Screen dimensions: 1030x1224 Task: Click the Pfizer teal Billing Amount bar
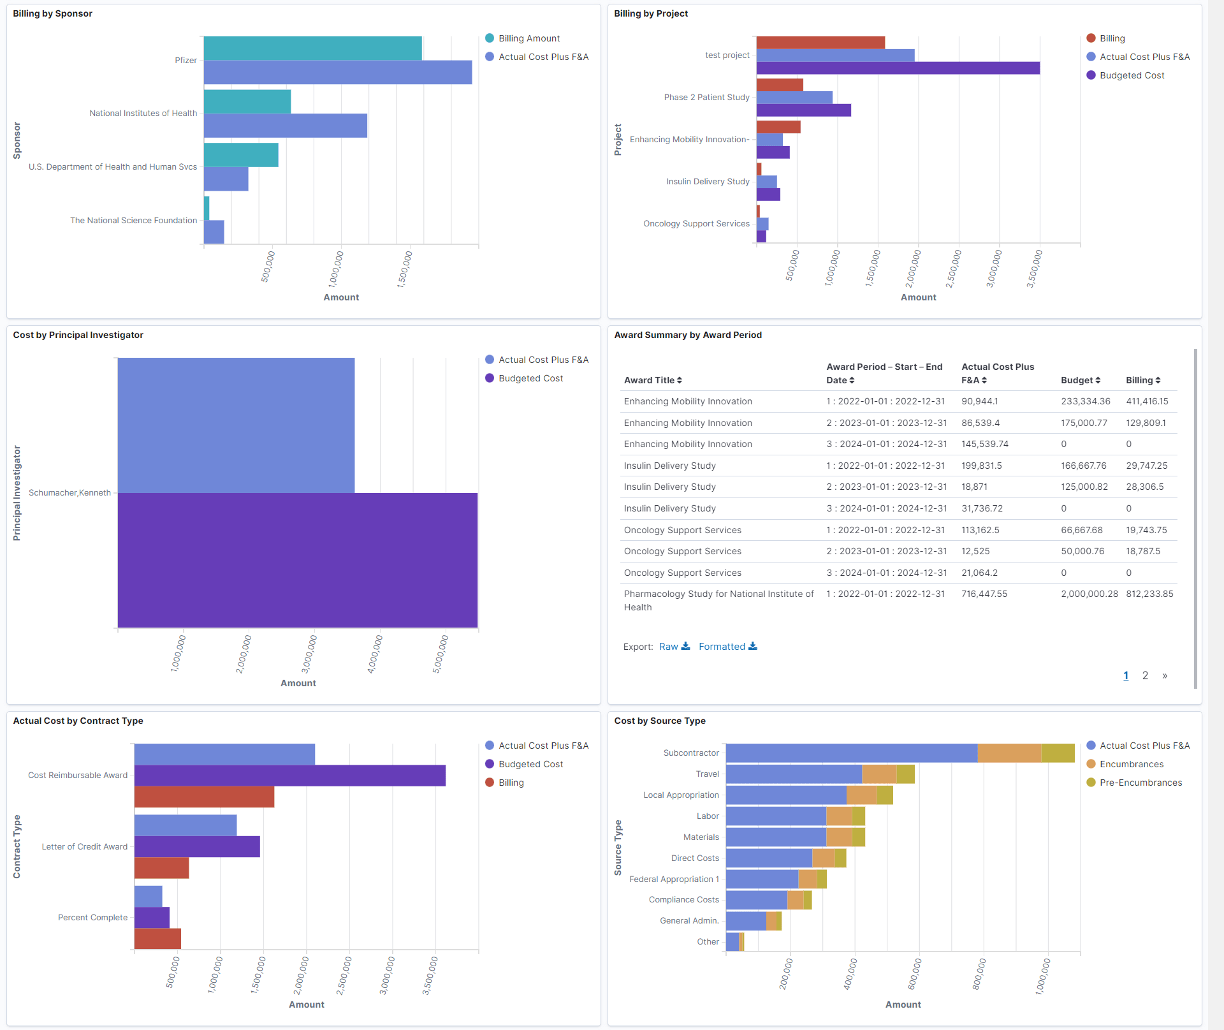tap(312, 48)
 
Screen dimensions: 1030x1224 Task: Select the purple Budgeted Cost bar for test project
tap(898, 68)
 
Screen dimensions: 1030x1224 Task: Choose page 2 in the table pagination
tap(1145, 675)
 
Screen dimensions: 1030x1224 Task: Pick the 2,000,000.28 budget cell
tap(1089, 594)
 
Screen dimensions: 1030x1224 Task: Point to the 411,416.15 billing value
tap(1147, 401)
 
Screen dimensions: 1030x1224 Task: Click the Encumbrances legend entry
tap(1131, 764)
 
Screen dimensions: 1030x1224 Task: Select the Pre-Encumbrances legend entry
tap(1140, 783)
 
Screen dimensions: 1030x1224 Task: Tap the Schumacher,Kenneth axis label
tap(69, 493)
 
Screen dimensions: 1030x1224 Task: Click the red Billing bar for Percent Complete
tap(157, 939)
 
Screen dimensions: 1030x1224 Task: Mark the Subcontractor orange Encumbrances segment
tap(1009, 753)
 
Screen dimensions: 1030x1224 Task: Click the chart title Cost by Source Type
tap(660, 721)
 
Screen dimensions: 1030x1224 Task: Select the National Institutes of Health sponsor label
tap(143, 114)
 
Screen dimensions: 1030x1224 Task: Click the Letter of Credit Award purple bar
tap(197, 847)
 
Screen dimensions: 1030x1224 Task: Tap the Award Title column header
tap(652, 380)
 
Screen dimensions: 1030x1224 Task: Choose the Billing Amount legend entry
tap(528, 38)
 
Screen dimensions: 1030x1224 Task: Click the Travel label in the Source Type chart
tap(707, 774)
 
